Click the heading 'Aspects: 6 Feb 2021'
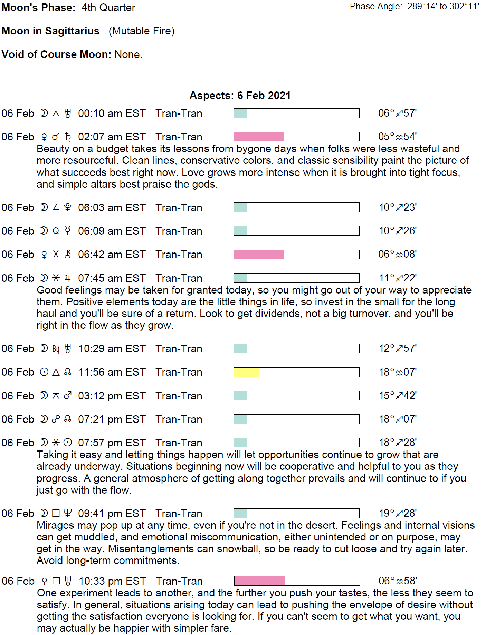(240, 96)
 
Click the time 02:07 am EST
(112, 137)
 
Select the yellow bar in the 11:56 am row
(247, 372)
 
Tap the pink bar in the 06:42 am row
(259, 255)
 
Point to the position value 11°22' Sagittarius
(398, 278)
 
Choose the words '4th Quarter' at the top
(108, 8)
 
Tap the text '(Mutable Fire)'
(142, 31)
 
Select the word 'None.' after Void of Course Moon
(128, 54)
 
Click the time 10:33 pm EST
(112, 581)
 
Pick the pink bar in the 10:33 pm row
(259, 581)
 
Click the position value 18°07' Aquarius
(398, 372)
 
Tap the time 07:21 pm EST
(112, 419)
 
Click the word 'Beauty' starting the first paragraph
(53, 149)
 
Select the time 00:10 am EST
(112, 113)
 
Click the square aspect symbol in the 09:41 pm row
(56, 514)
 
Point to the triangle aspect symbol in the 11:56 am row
(56, 372)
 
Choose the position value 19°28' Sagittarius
(398, 513)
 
